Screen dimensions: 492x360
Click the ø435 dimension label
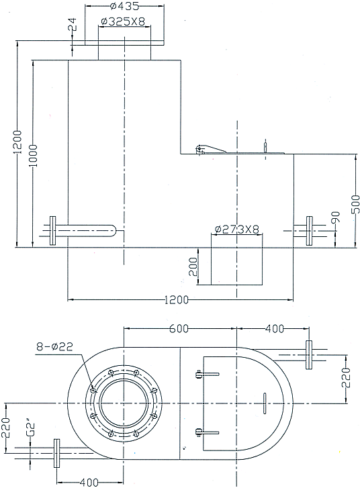(124, 7)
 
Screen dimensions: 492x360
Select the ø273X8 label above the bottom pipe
(237, 230)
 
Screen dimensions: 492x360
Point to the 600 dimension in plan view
(178, 328)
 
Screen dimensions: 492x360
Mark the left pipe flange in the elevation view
(54, 230)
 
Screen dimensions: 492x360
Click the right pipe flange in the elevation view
(310, 230)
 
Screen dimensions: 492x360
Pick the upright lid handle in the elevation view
(267, 146)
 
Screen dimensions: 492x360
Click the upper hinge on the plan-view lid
(198, 376)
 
